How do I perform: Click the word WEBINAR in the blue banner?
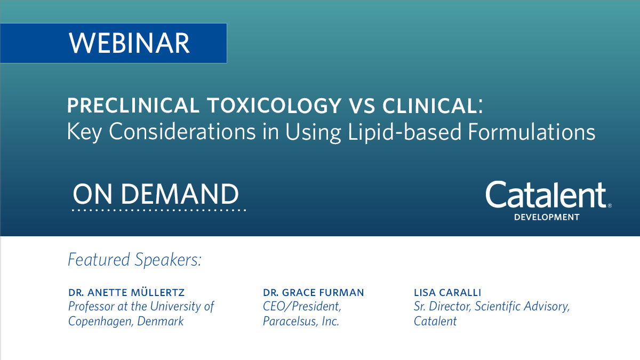tap(129, 43)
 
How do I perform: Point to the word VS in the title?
tap(357, 106)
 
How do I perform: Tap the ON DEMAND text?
tap(156, 194)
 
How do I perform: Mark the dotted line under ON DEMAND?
tap(158, 211)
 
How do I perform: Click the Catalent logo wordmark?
tap(546, 195)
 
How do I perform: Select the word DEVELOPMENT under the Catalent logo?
tap(546, 217)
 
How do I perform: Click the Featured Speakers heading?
tap(135, 260)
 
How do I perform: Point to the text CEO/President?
tap(302, 307)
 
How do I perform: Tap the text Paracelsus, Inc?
tap(301, 322)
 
